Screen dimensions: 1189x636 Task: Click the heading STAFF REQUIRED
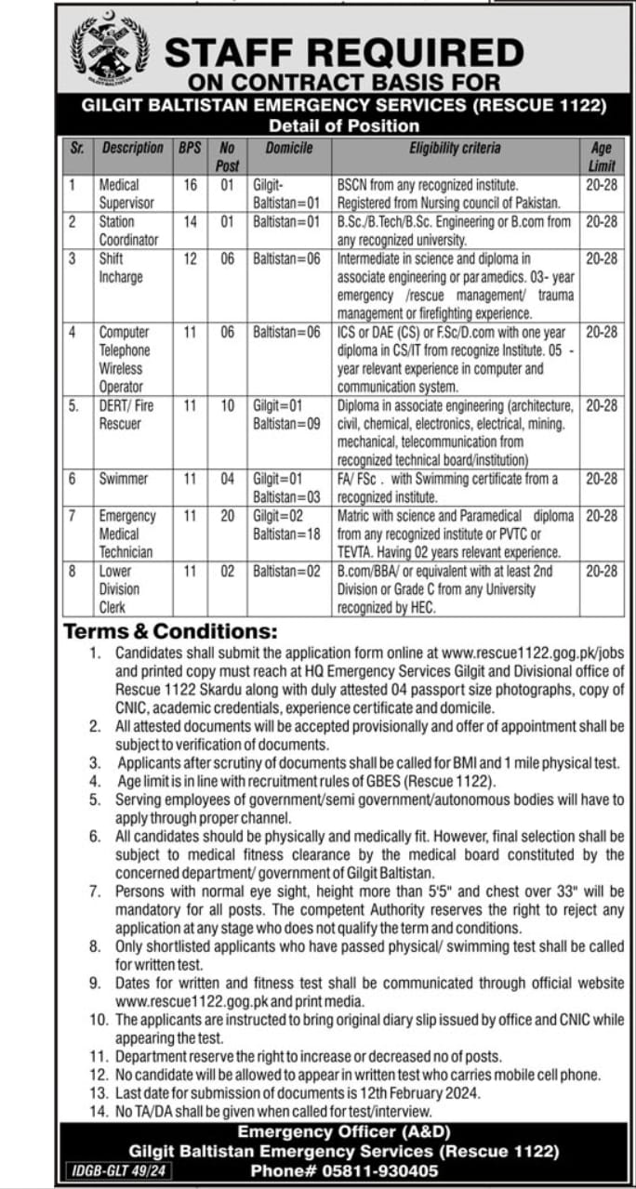point(345,51)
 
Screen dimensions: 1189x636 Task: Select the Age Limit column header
point(602,156)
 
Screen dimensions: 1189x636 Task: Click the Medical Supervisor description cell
point(126,193)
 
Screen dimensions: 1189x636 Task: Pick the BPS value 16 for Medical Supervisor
point(190,185)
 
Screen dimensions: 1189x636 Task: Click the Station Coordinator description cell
point(128,231)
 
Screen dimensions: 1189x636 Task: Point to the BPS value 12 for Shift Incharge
point(190,259)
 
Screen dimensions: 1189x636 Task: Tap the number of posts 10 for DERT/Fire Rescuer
point(228,405)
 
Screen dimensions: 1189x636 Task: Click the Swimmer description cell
point(124,479)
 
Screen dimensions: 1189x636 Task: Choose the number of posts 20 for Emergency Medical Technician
point(228,516)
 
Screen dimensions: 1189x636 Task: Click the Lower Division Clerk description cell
point(120,588)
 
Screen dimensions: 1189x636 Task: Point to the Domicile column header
point(289,148)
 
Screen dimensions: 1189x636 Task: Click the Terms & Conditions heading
point(170,632)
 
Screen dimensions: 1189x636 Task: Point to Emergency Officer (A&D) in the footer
point(344,1132)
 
